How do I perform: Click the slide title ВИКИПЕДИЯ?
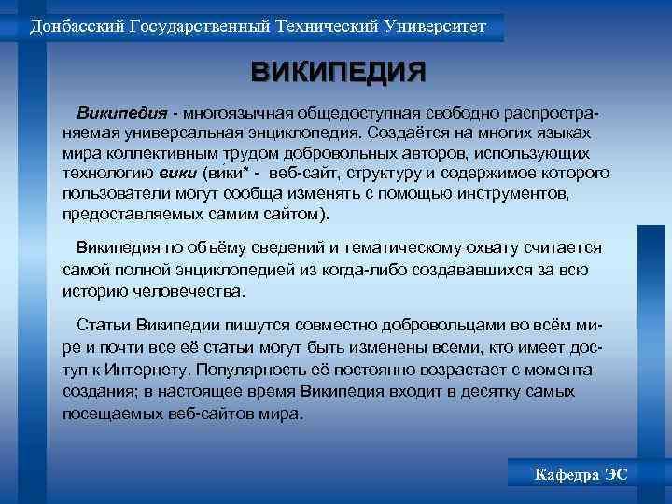(x=338, y=72)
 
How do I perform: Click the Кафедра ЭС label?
(x=581, y=475)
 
